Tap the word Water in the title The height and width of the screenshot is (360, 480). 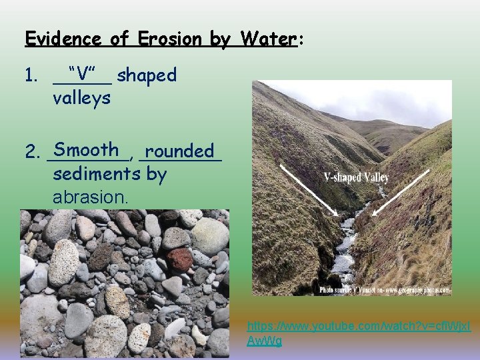coord(265,39)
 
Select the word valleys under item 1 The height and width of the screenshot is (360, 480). coord(81,98)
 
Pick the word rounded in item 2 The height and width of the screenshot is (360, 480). coord(179,151)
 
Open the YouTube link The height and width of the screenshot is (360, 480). coord(358,334)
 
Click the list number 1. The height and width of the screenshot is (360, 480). coord(31,75)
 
